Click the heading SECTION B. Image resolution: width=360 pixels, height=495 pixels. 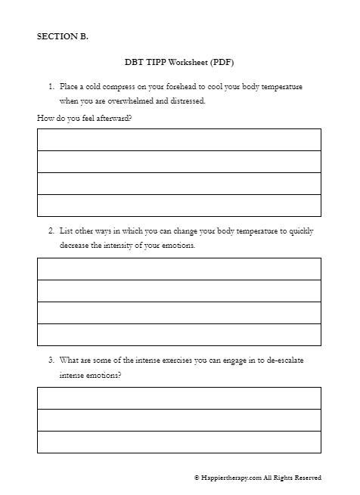[62, 36]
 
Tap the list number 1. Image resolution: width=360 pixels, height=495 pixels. [50, 87]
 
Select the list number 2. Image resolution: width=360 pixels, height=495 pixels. [50, 231]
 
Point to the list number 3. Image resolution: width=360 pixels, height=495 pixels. [50, 360]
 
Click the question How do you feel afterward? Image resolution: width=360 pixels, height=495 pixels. [81, 117]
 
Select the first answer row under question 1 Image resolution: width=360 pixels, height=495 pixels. [178, 140]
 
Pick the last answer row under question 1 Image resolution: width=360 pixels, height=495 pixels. [178, 206]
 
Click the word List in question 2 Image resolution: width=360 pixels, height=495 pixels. [66, 231]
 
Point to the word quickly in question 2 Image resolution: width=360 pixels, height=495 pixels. [299, 231]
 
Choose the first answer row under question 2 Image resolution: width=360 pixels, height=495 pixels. [178, 269]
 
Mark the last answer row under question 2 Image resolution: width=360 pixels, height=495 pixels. [178, 335]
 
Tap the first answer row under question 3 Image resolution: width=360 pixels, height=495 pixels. [178, 398]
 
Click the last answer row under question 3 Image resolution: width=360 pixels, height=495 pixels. [178, 442]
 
